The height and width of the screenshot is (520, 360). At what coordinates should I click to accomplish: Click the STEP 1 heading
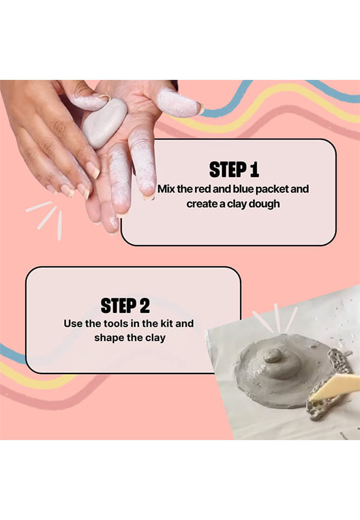point(234,169)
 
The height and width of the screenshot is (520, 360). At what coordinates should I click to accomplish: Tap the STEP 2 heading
point(125,306)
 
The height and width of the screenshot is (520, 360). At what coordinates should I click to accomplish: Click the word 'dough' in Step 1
point(264,204)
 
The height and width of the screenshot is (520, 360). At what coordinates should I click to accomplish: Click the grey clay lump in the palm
point(104,122)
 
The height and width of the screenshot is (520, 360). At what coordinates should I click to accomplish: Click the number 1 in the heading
point(254,169)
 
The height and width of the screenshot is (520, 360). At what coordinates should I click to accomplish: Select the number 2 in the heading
point(145,306)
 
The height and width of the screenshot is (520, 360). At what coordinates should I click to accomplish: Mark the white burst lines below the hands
point(46,218)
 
